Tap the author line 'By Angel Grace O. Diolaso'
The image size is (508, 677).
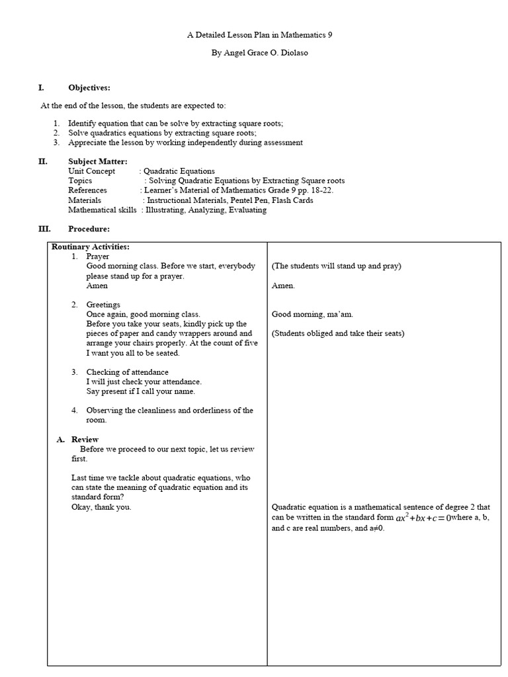(x=259, y=53)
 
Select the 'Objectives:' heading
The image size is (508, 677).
(x=89, y=87)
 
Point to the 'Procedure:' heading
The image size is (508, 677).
(x=89, y=229)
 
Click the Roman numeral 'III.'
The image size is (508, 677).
(x=44, y=229)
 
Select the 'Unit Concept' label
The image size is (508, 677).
(x=91, y=171)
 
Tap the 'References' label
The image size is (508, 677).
(x=87, y=190)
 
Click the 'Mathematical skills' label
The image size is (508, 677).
(x=103, y=210)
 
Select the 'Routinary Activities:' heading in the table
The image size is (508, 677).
(x=91, y=247)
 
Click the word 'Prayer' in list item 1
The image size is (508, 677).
(x=98, y=257)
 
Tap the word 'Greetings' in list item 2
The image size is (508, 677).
(x=103, y=305)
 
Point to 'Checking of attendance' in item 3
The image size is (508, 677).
(x=127, y=372)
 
